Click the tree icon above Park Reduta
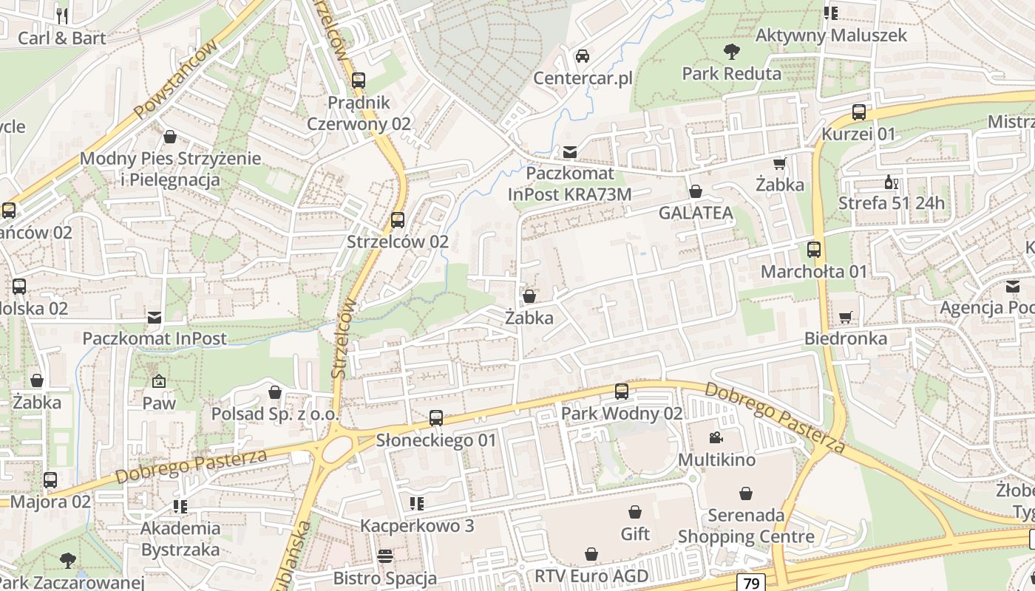tap(732, 52)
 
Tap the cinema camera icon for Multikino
tap(716, 438)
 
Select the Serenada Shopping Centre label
tap(746, 526)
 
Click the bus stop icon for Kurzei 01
tap(858, 112)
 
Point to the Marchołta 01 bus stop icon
tap(814, 250)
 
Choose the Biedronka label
tap(846, 339)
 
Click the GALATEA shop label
tap(696, 213)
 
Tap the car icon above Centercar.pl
tap(583, 56)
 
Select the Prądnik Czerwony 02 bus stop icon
tap(359, 81)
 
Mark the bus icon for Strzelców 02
tap(398, 220)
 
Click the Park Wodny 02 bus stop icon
tap(622, 392)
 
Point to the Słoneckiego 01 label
tap(436, 440)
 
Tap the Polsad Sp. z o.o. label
tap(274, 414)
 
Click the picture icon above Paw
tap(159, 381)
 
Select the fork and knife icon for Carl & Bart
tap(62, 16)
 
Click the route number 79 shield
tap(751, 583)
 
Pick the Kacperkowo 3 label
tap(416, 526)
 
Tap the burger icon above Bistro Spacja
tap(384, 556)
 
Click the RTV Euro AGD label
tap(591, 576)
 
